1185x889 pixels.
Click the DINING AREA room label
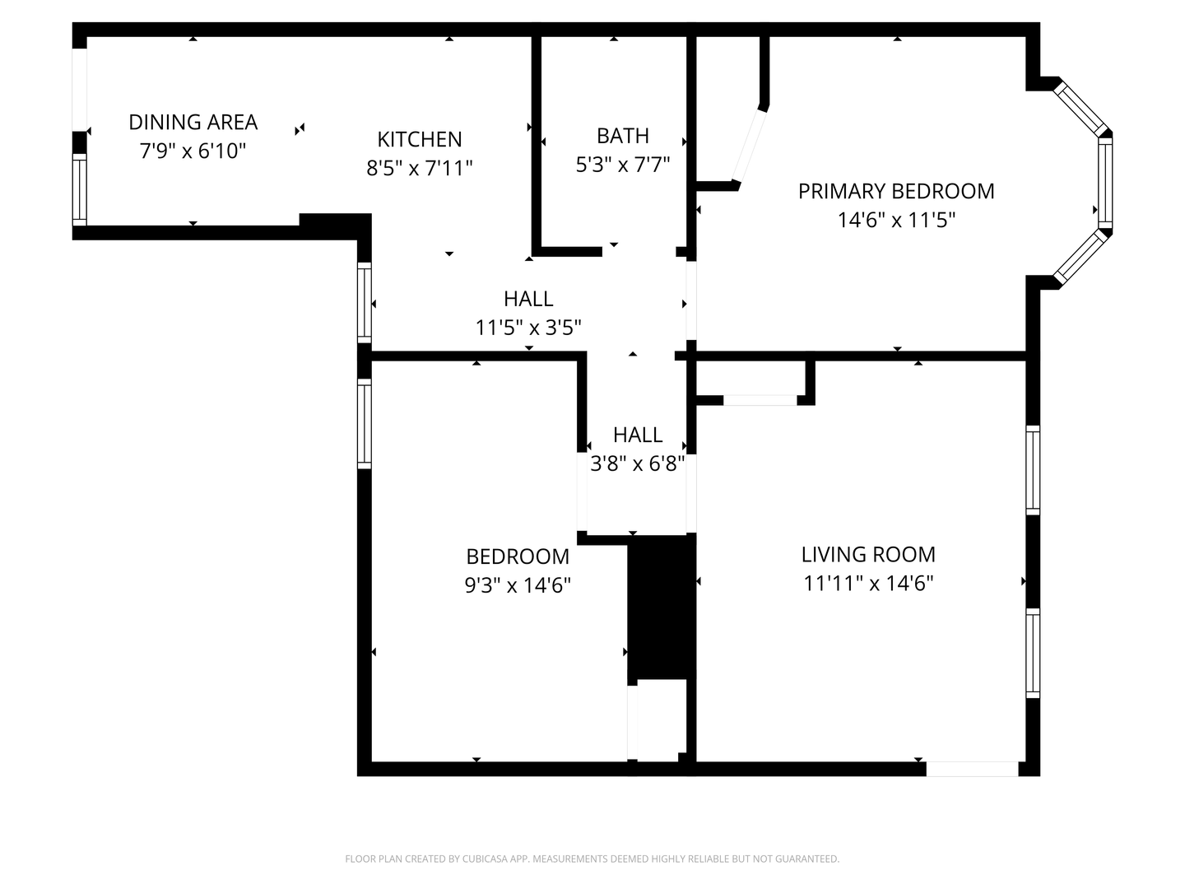tap(193, 122)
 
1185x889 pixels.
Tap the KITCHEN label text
tap(420, 139)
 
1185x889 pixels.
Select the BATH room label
tap(622, 136)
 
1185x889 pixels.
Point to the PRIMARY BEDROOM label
tap(896, 191)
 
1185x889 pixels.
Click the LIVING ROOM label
tap(868, 554)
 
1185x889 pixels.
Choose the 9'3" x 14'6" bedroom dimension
tap(518, 584)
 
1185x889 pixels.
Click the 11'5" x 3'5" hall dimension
tap(528, 327)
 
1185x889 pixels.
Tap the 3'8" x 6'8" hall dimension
tap(638, 463)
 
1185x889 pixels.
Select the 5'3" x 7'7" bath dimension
tap(622, 164)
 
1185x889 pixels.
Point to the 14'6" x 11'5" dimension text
tap(896, 220)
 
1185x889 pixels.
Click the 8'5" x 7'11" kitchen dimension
tap(420, 168)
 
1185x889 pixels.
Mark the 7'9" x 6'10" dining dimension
tap(193, 151)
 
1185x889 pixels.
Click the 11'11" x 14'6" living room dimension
tap(868, 583)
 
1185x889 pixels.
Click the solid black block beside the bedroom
tap(662, 607)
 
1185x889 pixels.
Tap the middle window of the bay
tap(1105, 183)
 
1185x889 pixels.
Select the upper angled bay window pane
tap(1080, 108)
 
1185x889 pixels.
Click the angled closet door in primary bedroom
tap(750, 146)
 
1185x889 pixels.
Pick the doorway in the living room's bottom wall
tap(973, 769)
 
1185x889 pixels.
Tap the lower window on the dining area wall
tap(79, 189)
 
